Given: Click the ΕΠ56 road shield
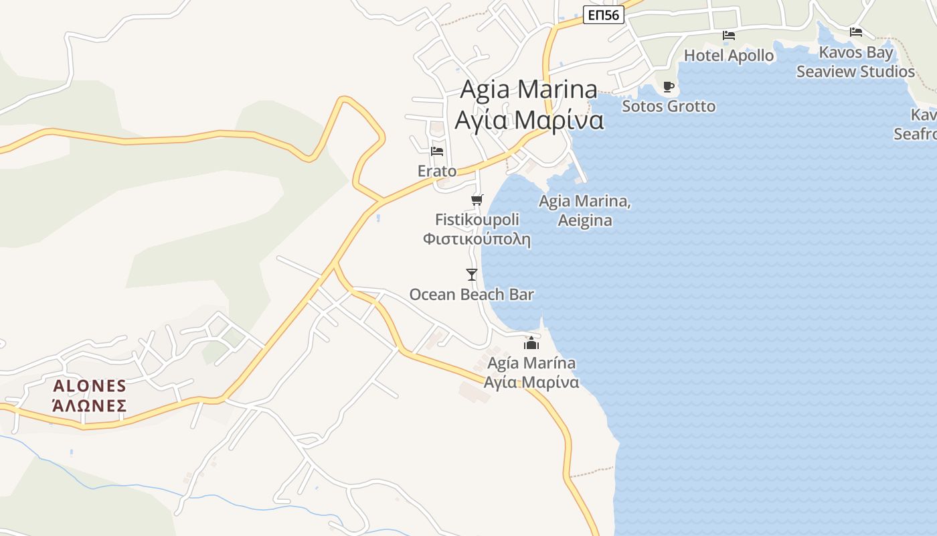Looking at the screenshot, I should point(603,15).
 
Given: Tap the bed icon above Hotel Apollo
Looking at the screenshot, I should point(729,36).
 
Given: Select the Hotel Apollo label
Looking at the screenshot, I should point(729,56).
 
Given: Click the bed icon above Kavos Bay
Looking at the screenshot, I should point(855,31).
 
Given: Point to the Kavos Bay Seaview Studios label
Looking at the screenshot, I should point(855,62).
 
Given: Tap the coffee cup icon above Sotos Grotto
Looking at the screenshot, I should point(668,86).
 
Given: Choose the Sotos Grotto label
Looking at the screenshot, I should point(669,106).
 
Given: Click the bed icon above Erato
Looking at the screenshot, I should point(437,151).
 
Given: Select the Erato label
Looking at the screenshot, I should point(437,171).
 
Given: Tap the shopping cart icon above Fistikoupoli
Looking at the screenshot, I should point(477,200).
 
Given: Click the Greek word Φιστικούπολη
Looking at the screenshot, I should point(477,239).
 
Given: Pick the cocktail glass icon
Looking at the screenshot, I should point(472,274).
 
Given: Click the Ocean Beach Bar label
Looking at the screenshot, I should point(471,294).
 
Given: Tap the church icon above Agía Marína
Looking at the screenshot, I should point(531,343).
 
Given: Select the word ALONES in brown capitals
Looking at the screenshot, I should point(90,386).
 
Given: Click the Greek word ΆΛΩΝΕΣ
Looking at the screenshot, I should point(90,405).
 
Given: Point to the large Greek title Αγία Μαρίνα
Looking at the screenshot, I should point(529,121).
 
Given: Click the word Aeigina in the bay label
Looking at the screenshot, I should point(585,220).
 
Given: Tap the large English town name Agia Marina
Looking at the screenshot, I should point(529,89).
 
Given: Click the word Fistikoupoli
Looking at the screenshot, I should point(477,219).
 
